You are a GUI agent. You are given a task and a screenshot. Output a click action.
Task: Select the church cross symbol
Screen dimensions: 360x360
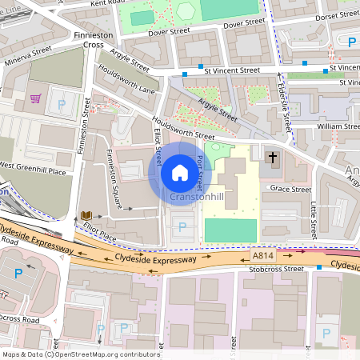tap(273, 158)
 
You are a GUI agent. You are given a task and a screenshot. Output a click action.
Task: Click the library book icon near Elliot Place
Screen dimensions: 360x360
tap(86, 216)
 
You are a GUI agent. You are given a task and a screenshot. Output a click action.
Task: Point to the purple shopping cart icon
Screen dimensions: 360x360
tap(35, 98)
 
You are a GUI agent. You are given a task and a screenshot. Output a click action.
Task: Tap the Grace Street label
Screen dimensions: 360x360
tap(290, 190)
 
